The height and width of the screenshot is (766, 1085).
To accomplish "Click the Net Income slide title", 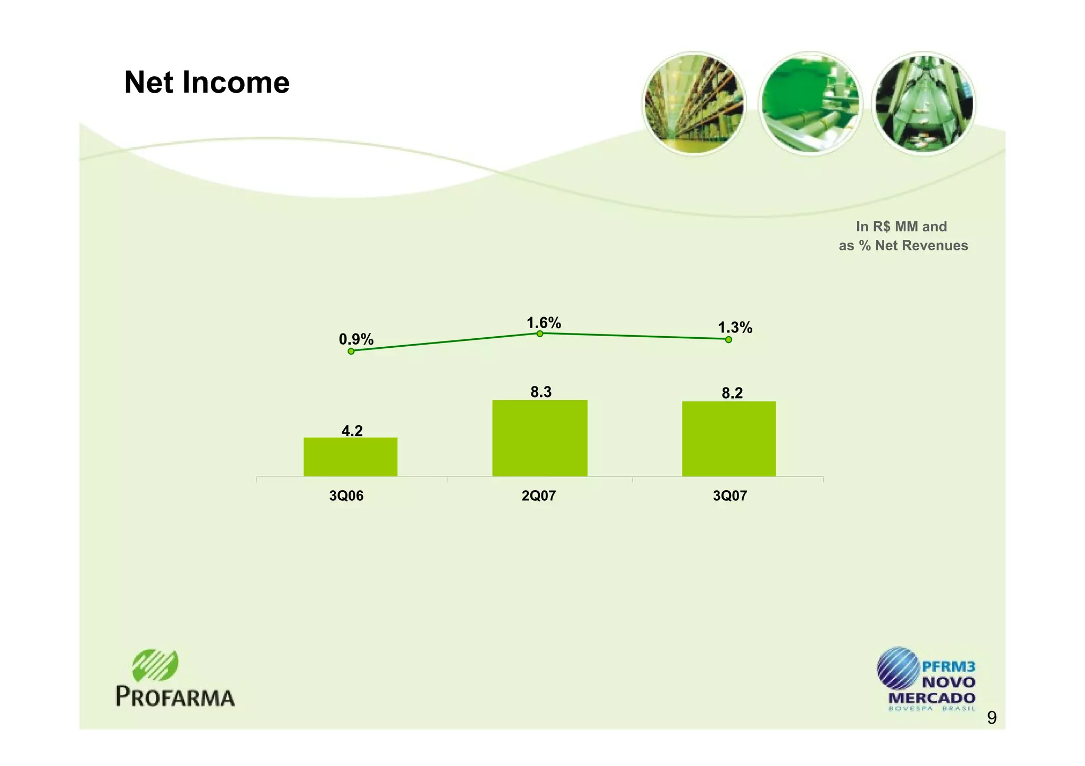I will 207,83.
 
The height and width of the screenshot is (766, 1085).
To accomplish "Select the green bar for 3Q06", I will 350,457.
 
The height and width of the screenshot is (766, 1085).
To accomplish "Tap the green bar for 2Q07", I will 539,438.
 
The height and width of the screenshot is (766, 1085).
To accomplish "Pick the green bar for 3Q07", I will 728,439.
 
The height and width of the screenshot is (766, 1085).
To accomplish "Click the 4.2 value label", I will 352,431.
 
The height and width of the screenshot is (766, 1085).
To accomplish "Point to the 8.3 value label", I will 541,392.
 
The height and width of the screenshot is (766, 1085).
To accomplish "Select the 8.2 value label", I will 732,393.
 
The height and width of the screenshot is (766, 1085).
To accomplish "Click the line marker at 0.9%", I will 351,351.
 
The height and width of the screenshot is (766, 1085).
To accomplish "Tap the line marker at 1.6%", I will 539,334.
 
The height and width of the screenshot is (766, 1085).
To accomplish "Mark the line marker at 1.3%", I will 728,339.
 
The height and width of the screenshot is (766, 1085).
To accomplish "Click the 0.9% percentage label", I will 356,339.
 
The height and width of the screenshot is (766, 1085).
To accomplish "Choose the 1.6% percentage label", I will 544,322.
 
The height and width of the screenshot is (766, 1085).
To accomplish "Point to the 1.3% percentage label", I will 735,328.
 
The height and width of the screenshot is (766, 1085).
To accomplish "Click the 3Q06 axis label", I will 346,496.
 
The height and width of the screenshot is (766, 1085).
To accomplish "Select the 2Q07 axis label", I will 538,496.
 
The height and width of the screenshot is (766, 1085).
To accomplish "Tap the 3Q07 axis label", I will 730,496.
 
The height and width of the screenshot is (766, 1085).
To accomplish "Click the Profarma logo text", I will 175,697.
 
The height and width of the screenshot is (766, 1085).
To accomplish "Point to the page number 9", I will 992,718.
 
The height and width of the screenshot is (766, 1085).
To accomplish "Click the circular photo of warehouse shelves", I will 693,103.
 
